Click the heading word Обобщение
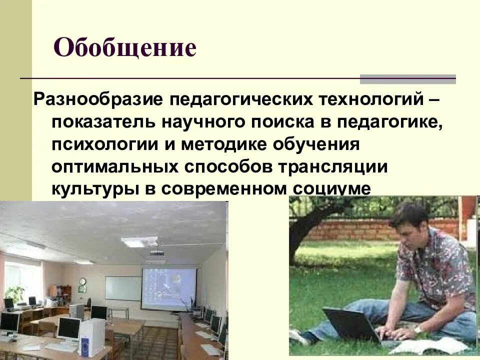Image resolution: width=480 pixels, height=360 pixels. (x=124, y=48)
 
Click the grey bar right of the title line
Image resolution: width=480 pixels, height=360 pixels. (x=408, y=79)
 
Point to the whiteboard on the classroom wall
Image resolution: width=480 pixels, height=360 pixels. (x=122, y=288)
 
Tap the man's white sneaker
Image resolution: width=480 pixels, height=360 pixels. (x=299, y=336)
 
